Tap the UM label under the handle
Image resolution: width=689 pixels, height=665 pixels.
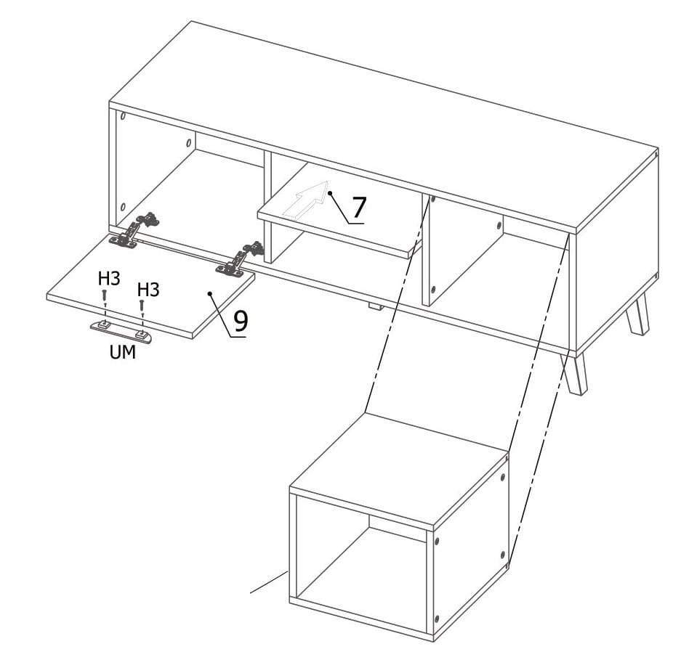(x=123, y=352)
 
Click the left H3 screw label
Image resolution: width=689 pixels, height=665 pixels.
(x=109, y=278)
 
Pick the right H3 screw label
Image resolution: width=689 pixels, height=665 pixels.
(x=148, y=290)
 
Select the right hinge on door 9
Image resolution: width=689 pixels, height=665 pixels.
(x=240, y=259)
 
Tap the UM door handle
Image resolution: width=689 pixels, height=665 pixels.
(x=121, y=332)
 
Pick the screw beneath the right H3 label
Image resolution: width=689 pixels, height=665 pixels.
(x=142, y=306)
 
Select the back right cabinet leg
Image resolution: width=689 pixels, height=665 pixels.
(x=637, y=314)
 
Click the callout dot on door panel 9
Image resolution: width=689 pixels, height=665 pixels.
(x=210, y=293)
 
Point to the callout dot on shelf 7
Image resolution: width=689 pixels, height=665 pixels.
(x=329, y=192)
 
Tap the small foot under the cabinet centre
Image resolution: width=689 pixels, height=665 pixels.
(x=374, y=306)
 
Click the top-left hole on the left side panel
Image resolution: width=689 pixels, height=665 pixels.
(x=124, y=117)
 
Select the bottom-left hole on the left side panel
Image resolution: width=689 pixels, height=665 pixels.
(x=123, y=207)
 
